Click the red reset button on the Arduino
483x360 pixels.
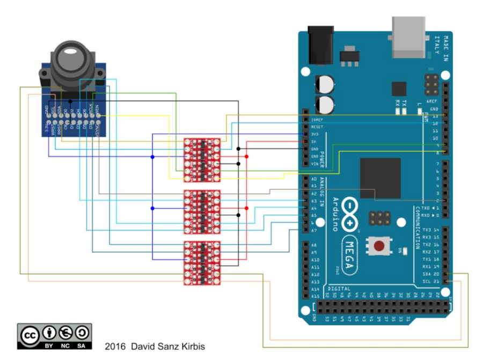(x=379, y=246)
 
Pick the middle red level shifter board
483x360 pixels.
(x=202, y=211)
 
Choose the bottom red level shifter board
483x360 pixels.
(x=202, y=263)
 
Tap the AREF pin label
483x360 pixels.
(x=432, y=100)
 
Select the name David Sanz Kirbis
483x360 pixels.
(x=169, y=347)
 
